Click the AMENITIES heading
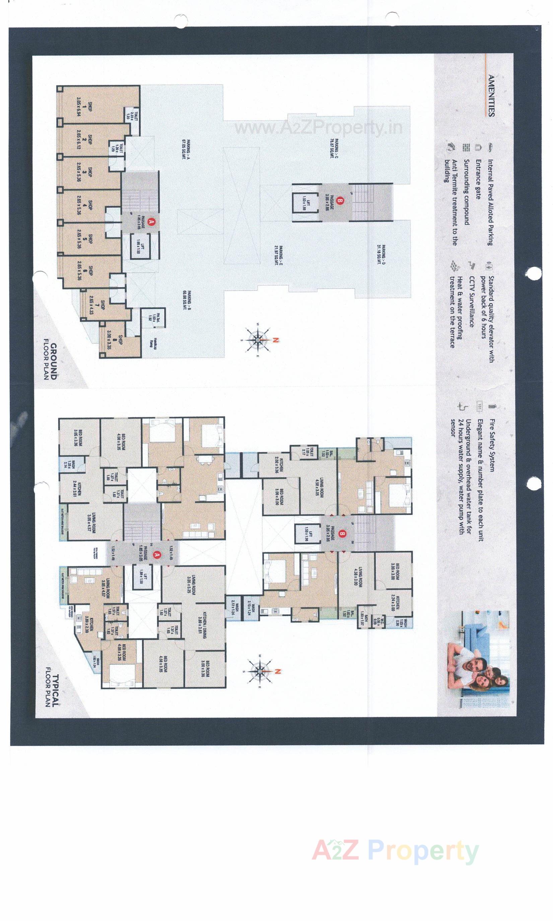(491, 96)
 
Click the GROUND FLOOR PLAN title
(50, 359)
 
